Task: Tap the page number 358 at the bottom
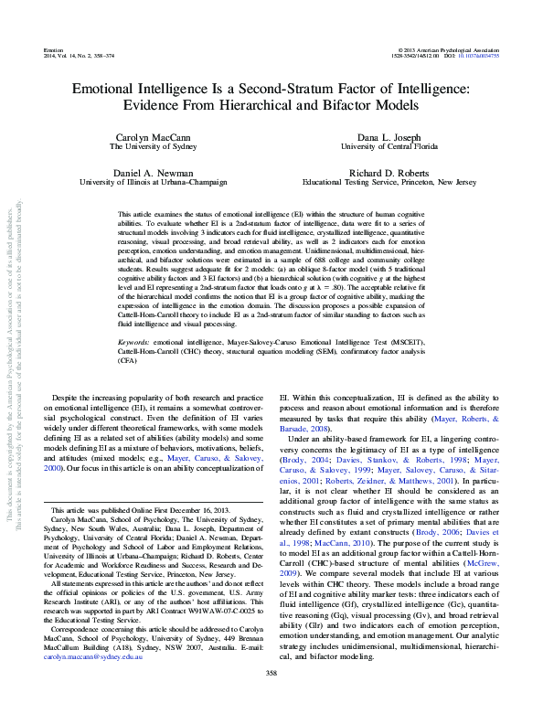(x=271, y=699)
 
